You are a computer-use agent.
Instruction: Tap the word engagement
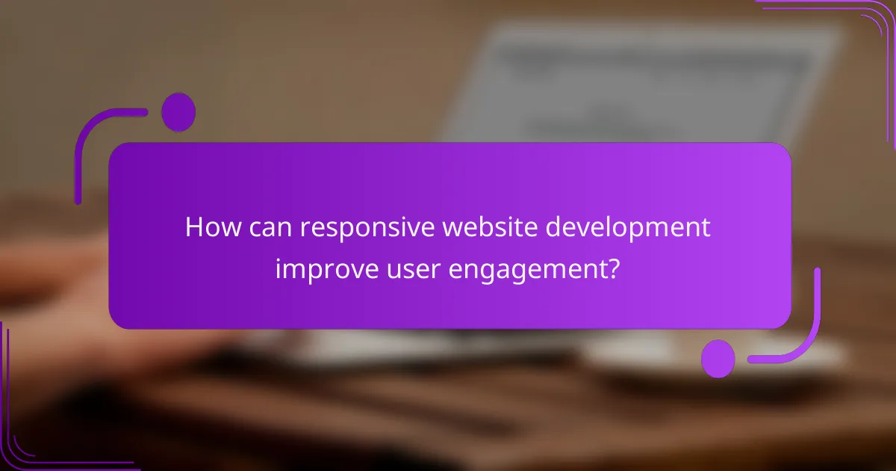point(524,269)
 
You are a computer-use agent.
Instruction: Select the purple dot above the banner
point(178,112)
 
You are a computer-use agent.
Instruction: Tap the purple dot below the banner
point(718,358)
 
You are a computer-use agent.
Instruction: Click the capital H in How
point(194,227)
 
